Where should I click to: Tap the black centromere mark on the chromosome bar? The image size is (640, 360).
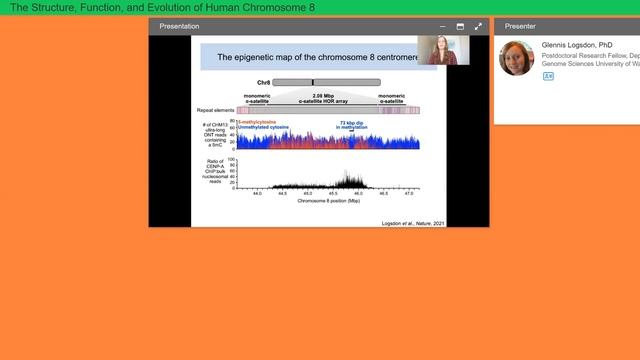[313, 82]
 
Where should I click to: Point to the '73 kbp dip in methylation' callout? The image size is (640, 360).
[352, 125]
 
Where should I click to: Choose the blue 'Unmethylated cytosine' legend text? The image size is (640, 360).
[263, 128]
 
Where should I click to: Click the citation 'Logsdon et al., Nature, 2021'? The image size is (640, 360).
[414, 222]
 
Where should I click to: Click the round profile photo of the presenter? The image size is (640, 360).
[517, 57]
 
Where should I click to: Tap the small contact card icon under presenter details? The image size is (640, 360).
[548, 76]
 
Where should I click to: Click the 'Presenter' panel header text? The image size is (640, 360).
[522, 26]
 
